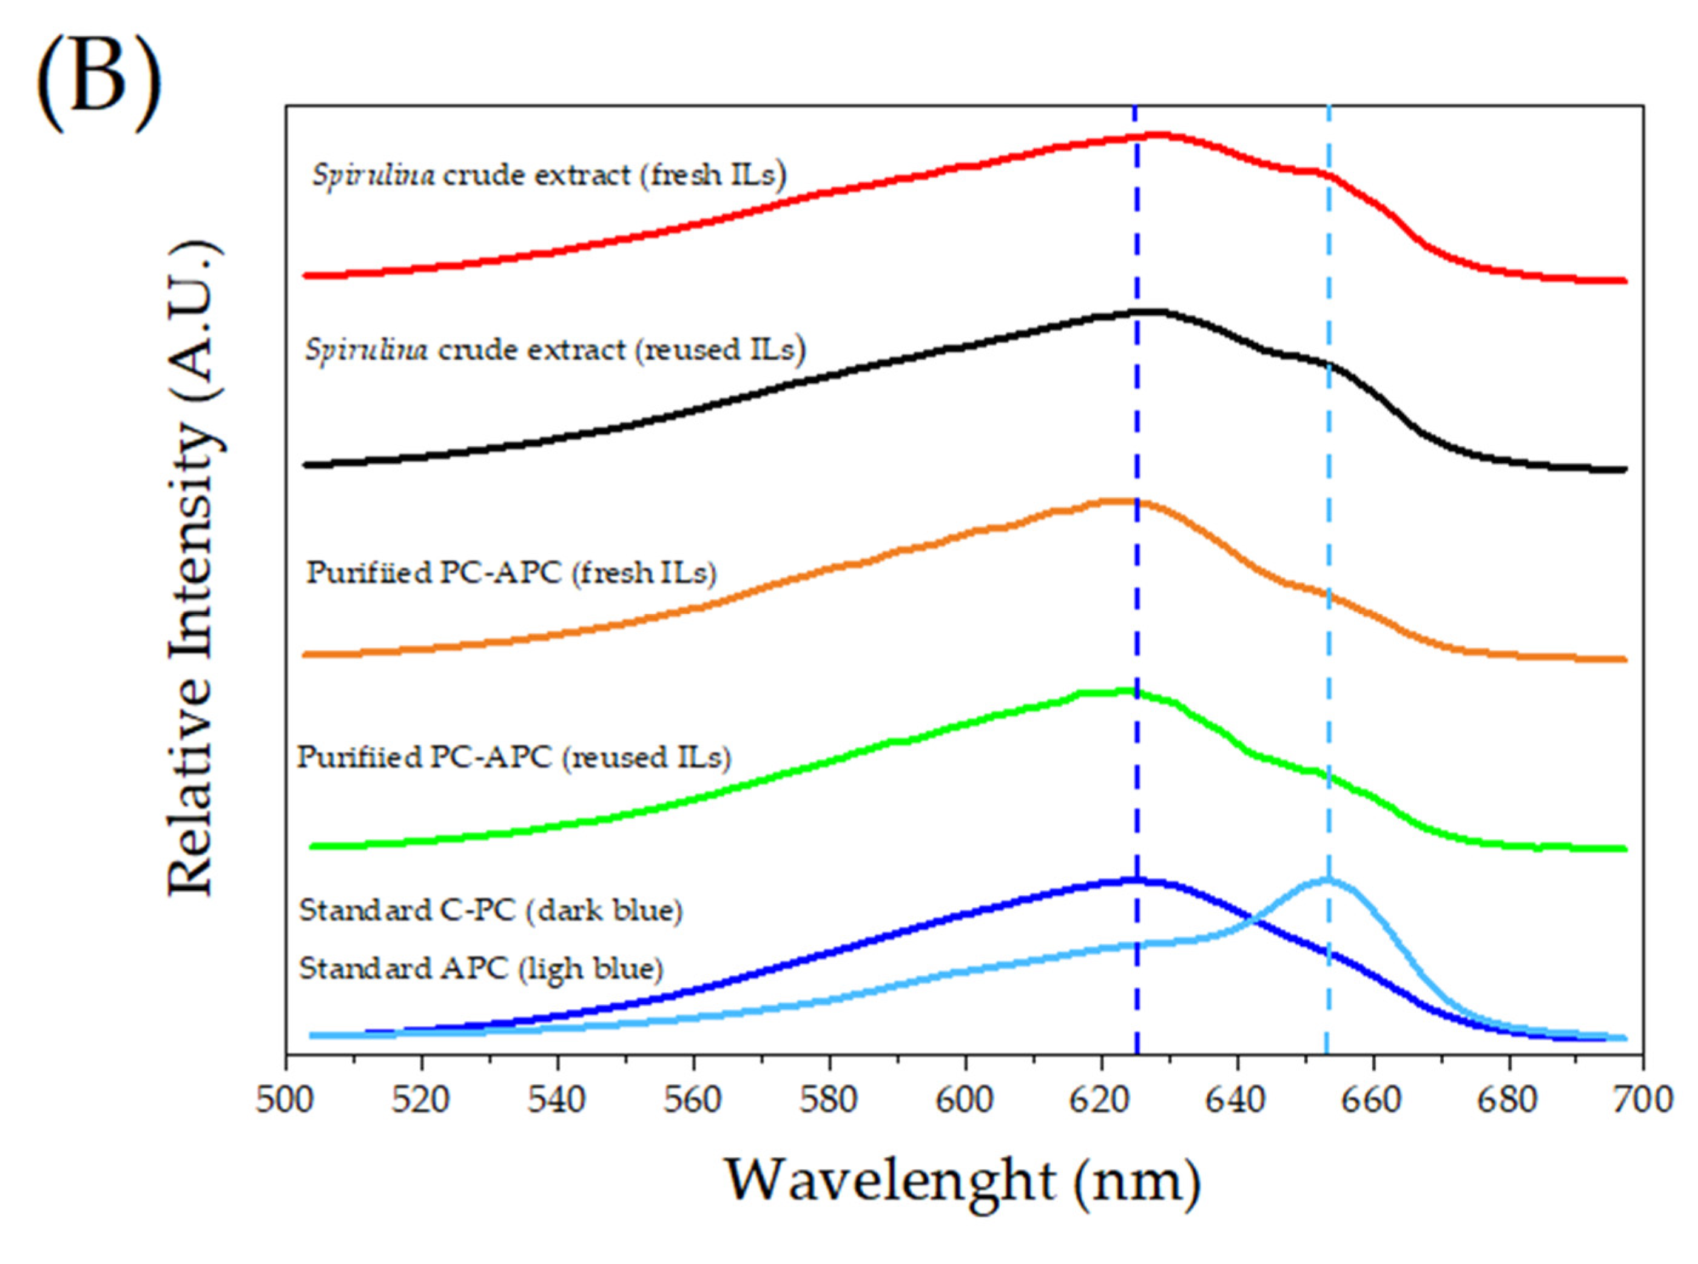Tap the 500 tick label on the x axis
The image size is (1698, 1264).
click(x=285, y=1100)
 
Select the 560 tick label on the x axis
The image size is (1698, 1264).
click(x=693, y=1100)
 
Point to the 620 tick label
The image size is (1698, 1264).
click(x=1101, y=1100)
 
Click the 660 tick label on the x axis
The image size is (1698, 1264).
click(x=1373, y=1100)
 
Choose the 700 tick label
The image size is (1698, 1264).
click(x=1643, y=1100)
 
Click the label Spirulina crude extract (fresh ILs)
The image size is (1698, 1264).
click(x=548, y=176)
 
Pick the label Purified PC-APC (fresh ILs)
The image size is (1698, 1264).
click(x=511, y=573)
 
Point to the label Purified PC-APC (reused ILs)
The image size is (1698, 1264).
click(x=513, y=758)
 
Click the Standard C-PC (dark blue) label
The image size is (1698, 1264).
click(x=491, y=910)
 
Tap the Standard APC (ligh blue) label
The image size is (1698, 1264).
click(x=480, y=969)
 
